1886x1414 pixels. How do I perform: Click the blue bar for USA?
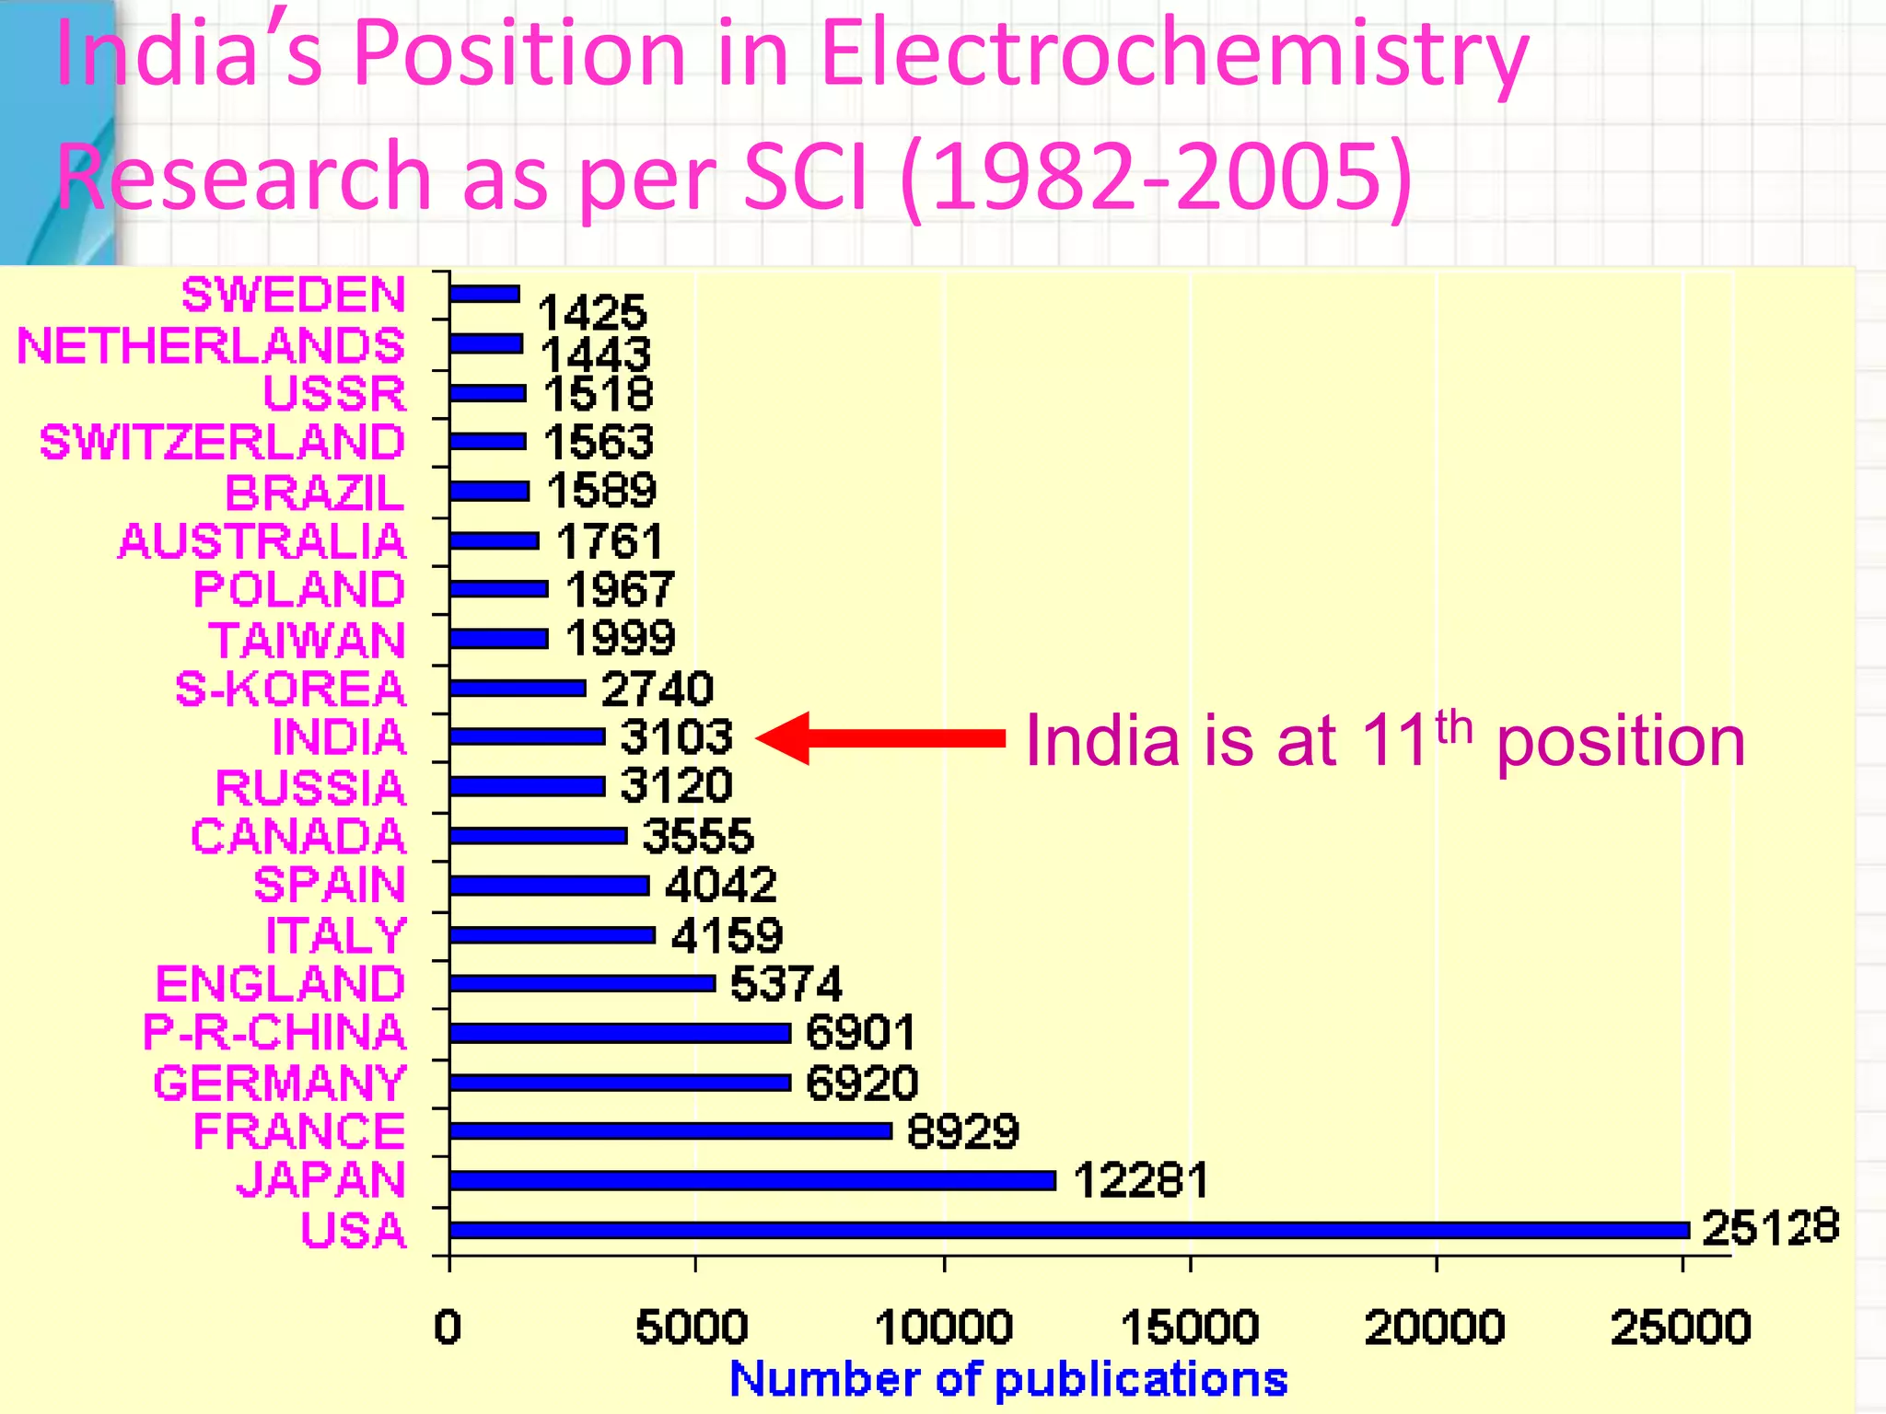click(1068, 1230)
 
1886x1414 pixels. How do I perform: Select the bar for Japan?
click(751, 1180)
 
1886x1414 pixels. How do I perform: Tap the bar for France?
click(670, 1130)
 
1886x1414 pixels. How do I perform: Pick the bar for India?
click(527, 736)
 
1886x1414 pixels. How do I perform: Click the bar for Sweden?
click(484, 294)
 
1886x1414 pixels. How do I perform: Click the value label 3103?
click(676, 737)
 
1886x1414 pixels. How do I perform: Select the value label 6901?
click(860, 1032)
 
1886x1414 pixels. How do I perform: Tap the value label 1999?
click(620, 638)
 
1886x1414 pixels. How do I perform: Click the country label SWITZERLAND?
click(222, 442)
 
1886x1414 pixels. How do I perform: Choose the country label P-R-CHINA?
click(274, 1032)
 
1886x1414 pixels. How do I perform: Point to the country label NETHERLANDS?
click(211, 346)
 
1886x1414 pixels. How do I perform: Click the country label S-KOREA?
click(290, 689)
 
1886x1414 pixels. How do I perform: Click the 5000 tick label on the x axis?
click(692, 1327)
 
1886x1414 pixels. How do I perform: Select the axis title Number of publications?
click(1008, 1379)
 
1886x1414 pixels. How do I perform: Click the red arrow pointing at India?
click(879, 738)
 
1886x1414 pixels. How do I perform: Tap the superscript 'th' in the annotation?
click(1454, 727)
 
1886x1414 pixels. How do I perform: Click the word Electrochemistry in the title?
click(1173, 55)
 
